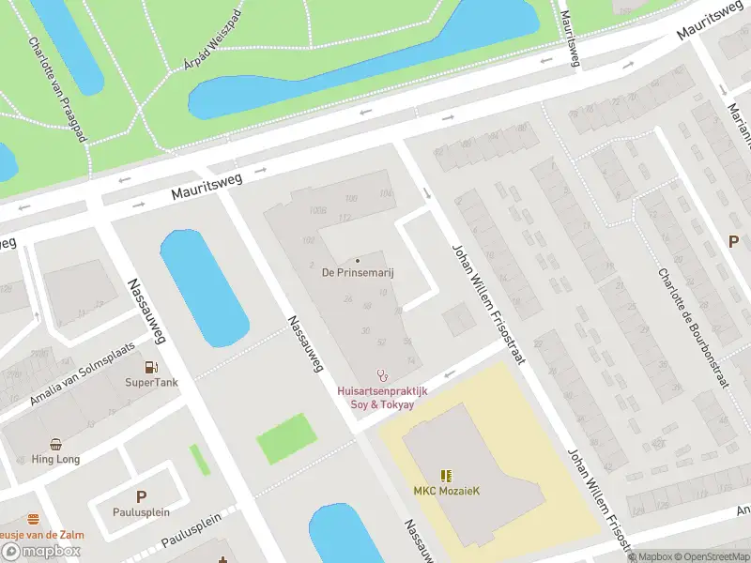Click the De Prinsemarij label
pyautogui.click(x=358, y=272)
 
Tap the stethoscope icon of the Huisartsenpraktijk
pyautogui.click(x=381, y=374)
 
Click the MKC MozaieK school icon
pyautogui.click(x=446, y=476)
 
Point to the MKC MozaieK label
pyautogui.click(x=446, y=491)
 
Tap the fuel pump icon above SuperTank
pyautogui.click(x=151, y=368)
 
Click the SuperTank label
pyautogui.click(x=151, y=383)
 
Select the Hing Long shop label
pyautogui.click(x=55, y=460)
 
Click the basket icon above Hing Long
pyautogui.click(x=56, y=445)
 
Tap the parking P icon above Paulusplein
pyautogui.click(x=141, y=497)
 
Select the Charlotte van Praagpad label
pyautogui.click(x=57, y=89)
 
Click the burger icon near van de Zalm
pyautogui.click(x=34, y=519)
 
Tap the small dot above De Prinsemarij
pyautogui.click(x=358, y=260)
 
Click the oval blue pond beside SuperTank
pyautogui.click(x=204, y=286)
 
